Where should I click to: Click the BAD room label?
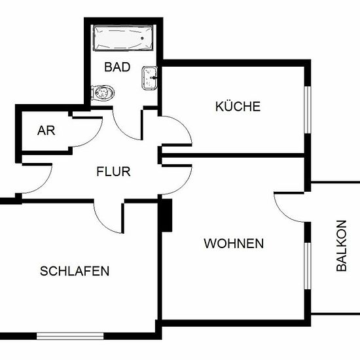[117, 67]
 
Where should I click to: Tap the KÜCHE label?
[238, 106]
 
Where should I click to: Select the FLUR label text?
[113, 171]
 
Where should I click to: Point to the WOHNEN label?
[234, 243]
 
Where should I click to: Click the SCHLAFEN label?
[75, 271]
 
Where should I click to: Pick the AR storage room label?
[46, 131]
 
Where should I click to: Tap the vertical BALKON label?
[342, 245]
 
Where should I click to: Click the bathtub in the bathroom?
[123, 38]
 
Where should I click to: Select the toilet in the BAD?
[103, 93]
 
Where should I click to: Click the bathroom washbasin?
[149, 78]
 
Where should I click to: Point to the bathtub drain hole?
[142, 38]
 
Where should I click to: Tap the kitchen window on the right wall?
[308, 110]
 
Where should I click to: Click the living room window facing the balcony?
[308, 266]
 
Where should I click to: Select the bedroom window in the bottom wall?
[70, 336]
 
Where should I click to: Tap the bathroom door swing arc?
[122, 132]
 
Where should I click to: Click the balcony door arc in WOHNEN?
[283, 213]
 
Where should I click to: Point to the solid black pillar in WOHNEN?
[167, 215]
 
